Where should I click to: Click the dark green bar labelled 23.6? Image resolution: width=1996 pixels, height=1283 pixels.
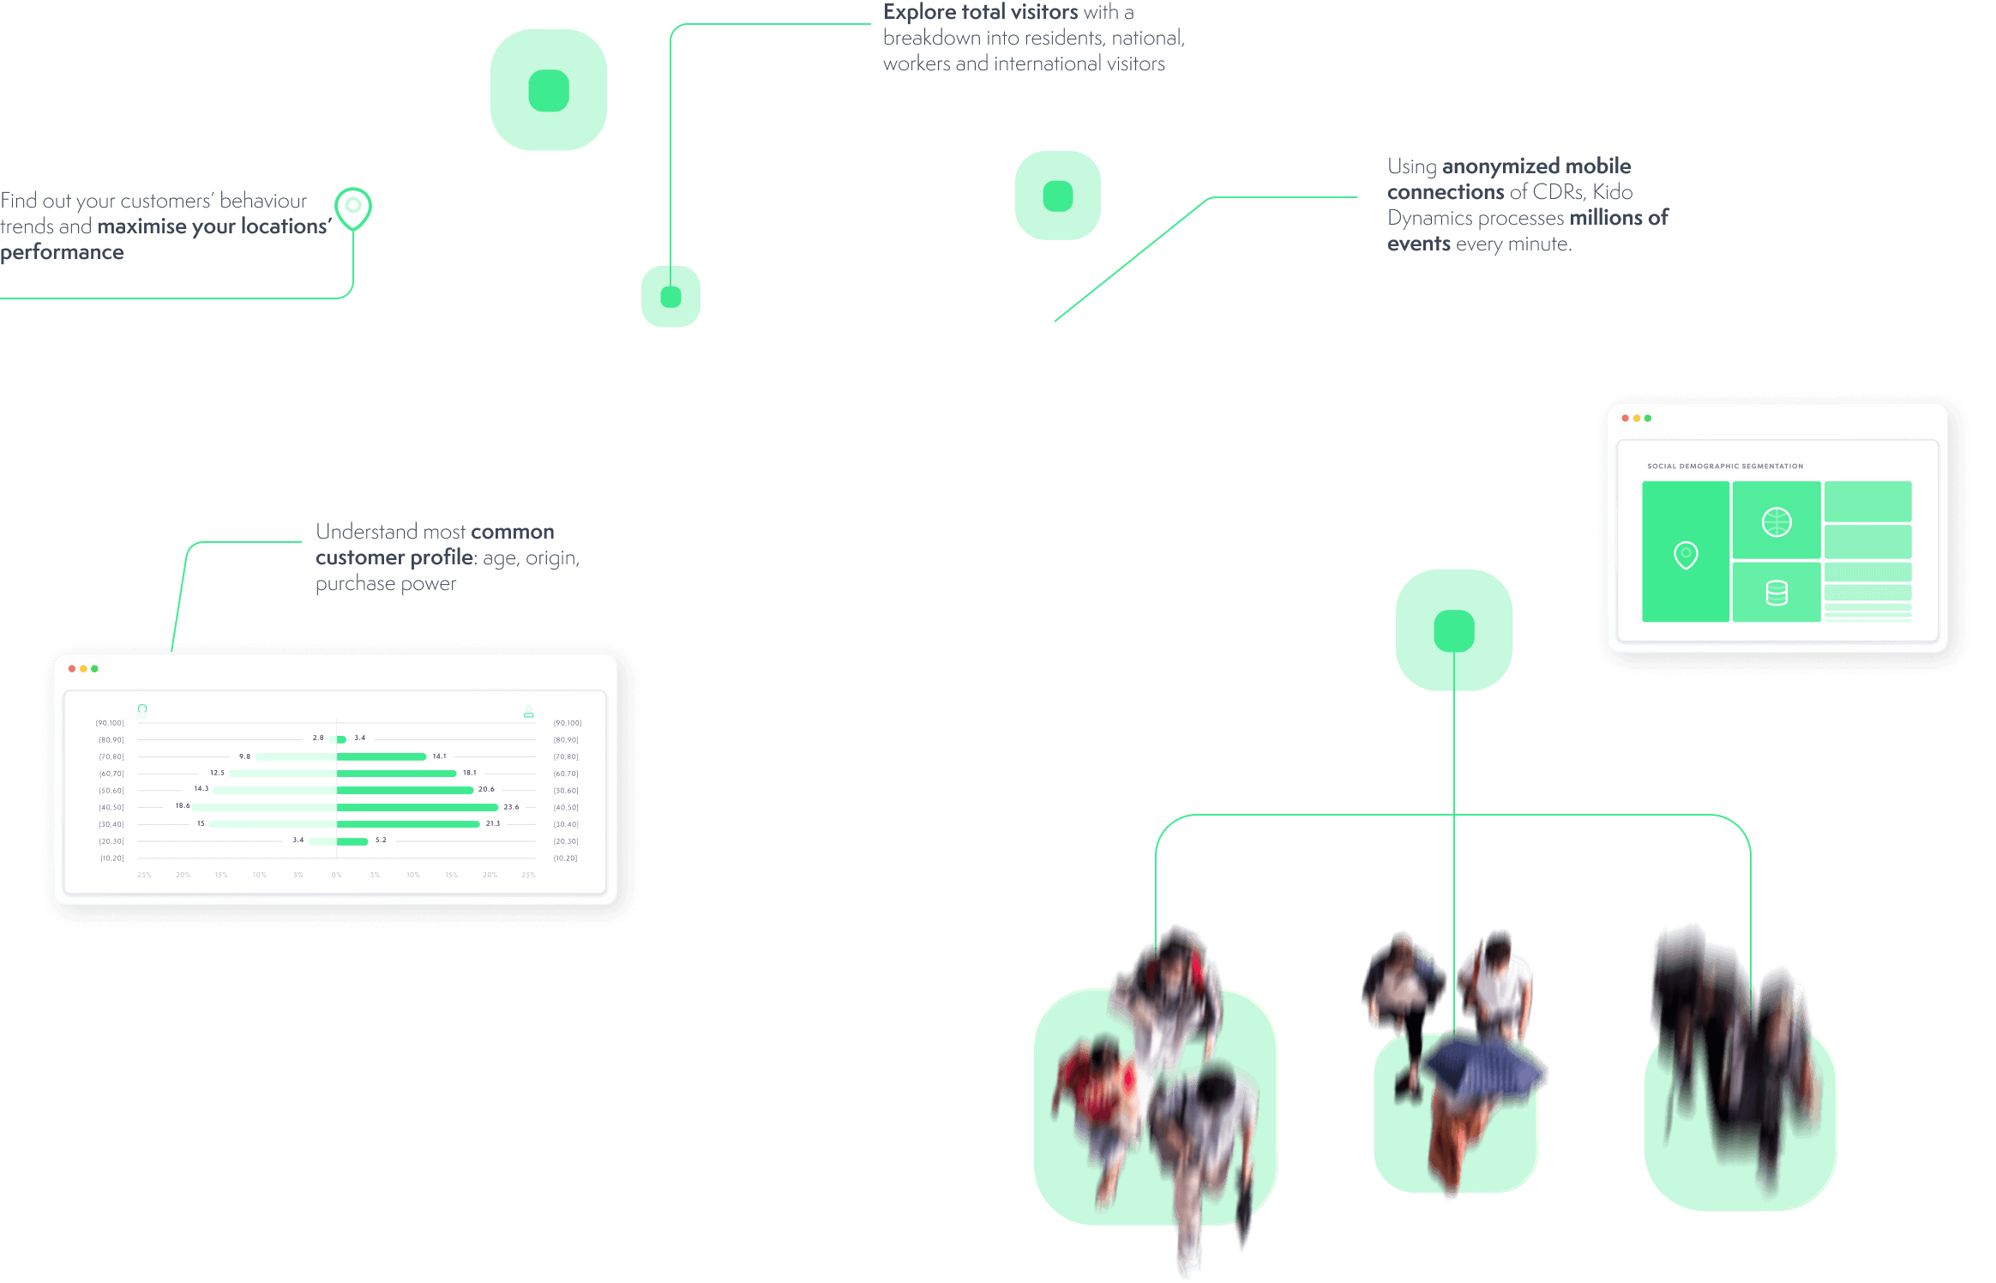point(418,807)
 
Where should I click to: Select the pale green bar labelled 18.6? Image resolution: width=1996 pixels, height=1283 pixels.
point(263,807)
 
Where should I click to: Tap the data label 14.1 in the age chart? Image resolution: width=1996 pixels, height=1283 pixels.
point(439,756)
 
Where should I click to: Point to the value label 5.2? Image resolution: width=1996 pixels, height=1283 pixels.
point(381,840)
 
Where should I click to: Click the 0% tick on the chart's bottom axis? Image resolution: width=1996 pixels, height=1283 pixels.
point(336,875)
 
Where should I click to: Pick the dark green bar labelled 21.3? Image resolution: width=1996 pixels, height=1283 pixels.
point(408,824)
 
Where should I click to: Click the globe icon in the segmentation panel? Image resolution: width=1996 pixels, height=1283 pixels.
point(1776,521)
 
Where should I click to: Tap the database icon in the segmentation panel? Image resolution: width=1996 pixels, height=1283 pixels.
point(1777,593)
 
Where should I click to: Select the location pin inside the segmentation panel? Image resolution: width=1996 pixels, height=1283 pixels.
point(1686,555)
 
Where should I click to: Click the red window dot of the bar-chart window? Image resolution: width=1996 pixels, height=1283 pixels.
point(72,669)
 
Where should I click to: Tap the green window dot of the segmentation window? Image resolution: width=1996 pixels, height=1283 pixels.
point(1648,419)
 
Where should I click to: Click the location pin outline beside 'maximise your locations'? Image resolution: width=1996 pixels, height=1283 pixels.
point(353,208)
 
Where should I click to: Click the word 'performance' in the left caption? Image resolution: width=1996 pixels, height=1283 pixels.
point(63,252)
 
